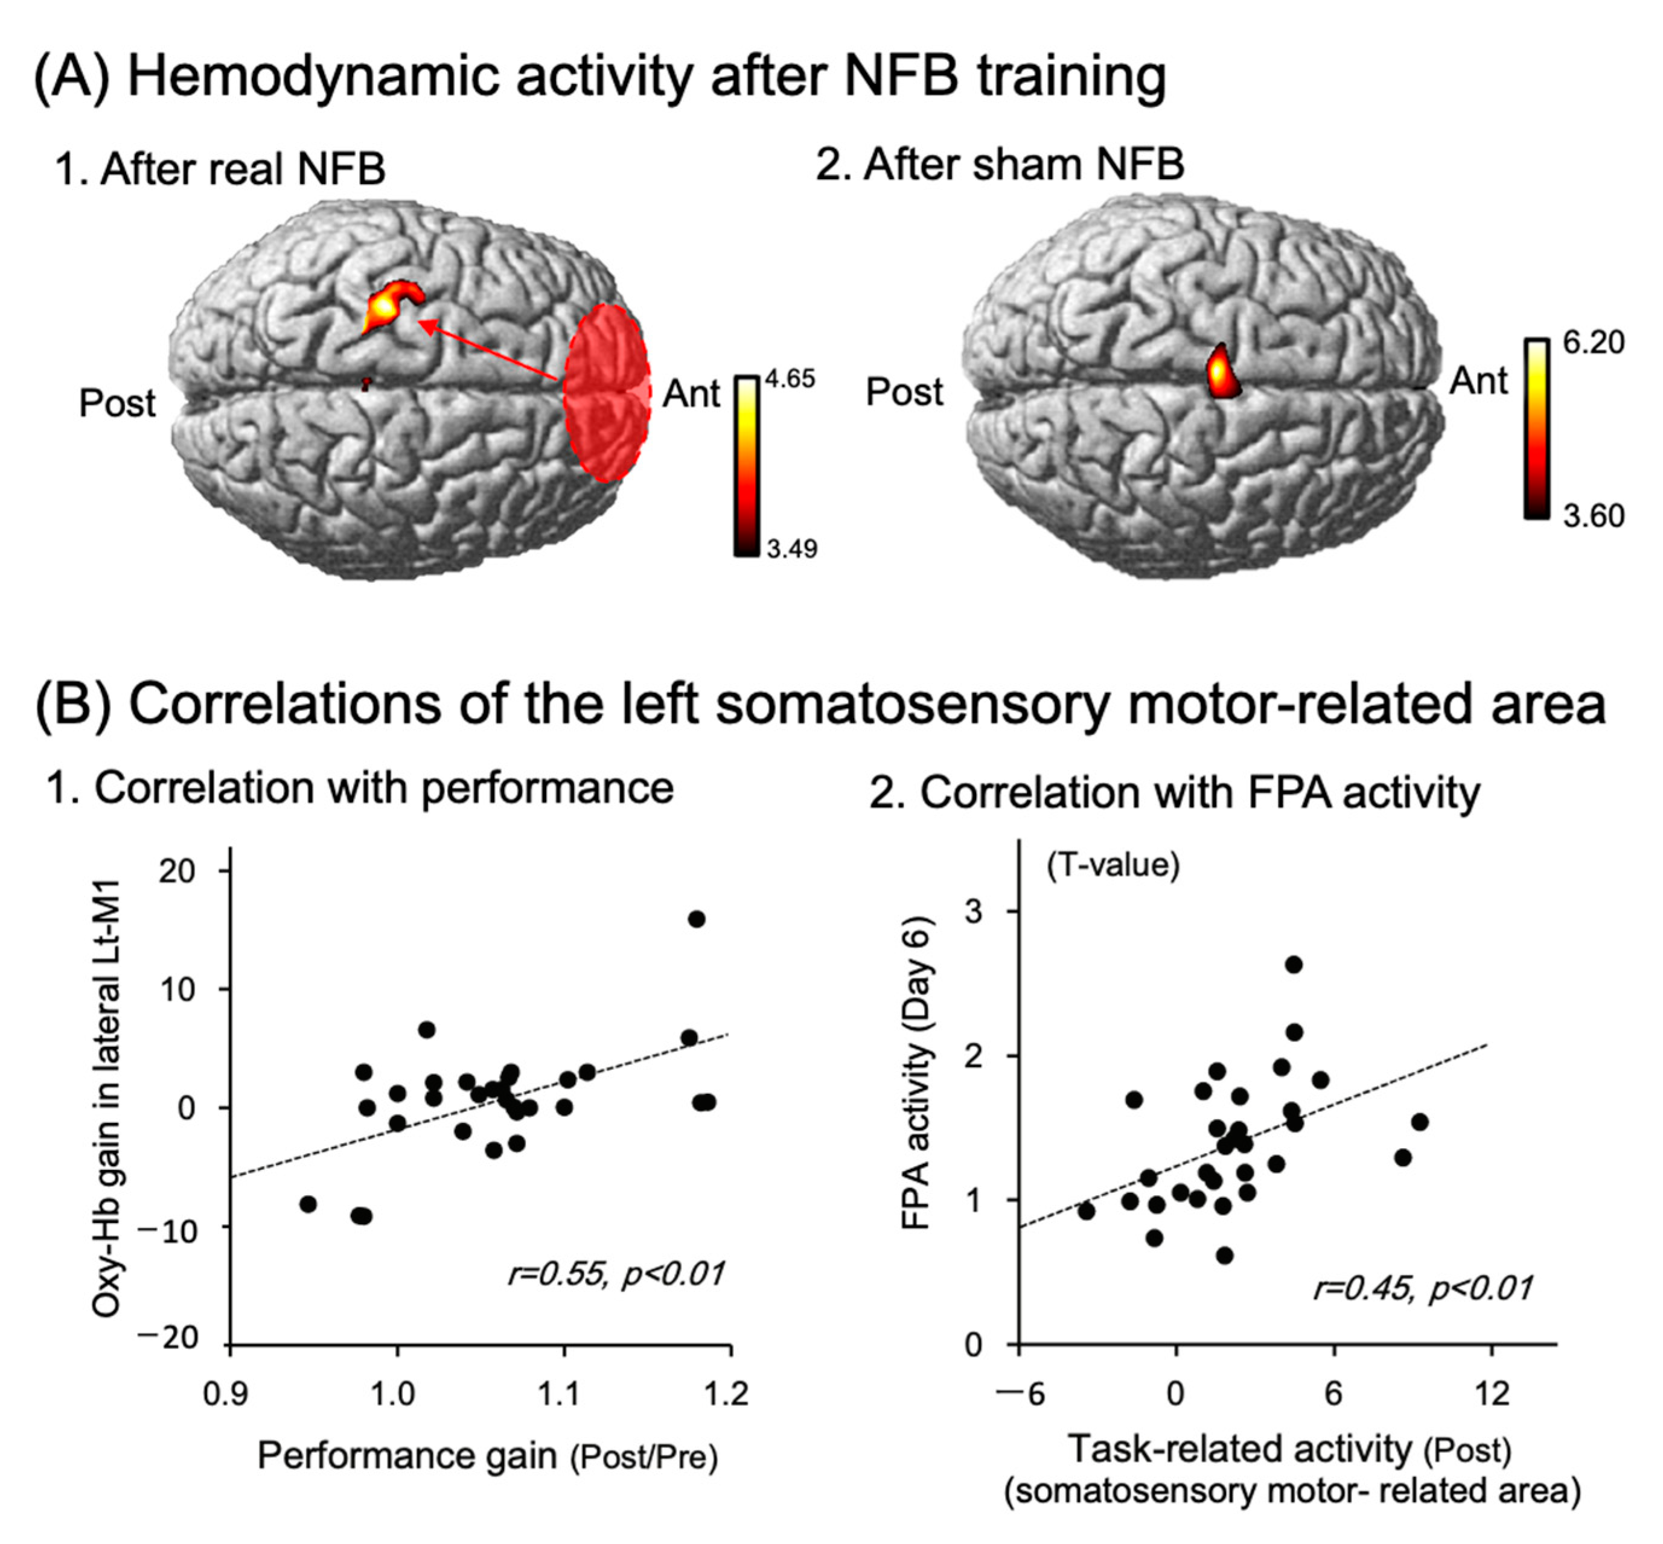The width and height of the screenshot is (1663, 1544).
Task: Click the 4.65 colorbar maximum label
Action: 790,380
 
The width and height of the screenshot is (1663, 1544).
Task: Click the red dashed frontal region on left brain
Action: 606,393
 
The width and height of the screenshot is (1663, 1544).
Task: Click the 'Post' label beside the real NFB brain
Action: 117,404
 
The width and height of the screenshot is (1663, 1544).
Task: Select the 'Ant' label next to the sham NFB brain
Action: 1478,381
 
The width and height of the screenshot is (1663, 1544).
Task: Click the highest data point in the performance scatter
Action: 696,919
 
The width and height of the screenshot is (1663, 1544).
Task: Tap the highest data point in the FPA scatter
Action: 1294,964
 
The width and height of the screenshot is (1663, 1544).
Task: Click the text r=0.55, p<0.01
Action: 616,1274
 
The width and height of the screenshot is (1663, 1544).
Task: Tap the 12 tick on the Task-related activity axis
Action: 1491,1394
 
